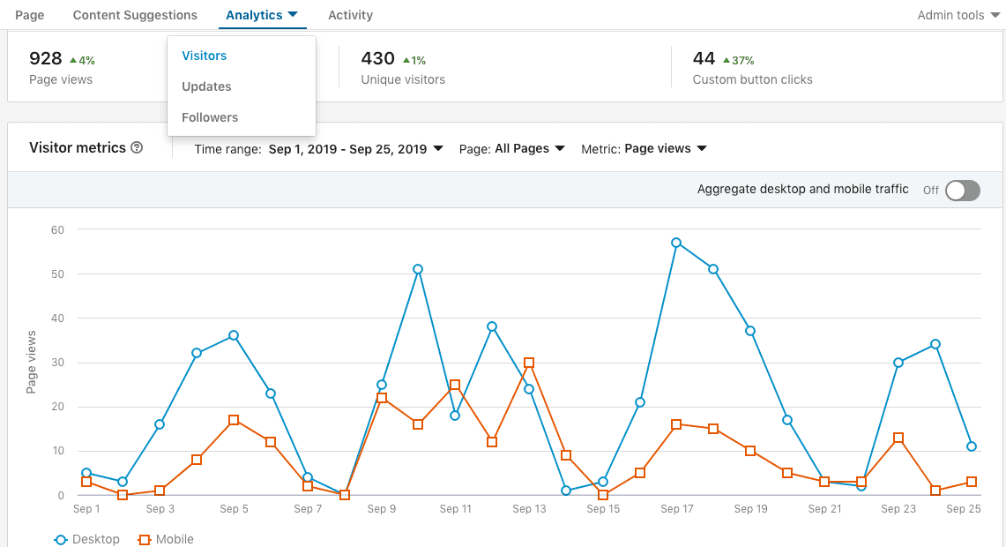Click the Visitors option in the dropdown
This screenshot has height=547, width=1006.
tap(204, 56)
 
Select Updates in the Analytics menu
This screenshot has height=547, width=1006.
tap(206, 86)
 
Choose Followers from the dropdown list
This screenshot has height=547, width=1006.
tap(210, 117)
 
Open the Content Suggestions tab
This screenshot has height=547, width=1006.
tap(135, 15)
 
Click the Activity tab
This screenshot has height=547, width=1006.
tap(350, 15)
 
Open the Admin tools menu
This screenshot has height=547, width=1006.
tap(957, 15)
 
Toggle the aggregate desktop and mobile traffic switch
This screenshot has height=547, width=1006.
tap(962, 191)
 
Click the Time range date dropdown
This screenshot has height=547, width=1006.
tap(354, 149)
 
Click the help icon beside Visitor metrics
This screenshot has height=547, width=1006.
tap(137, 148)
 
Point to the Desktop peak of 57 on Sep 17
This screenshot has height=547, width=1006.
tap(676, 243)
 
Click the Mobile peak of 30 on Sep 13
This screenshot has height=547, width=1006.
tap(529, 363)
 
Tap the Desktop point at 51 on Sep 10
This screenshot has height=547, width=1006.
tap(418, 269)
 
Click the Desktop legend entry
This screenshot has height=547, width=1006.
tap(87, 539)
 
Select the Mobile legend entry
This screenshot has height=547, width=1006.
tap(167, 539)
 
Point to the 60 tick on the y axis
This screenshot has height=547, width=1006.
tap(58, 229)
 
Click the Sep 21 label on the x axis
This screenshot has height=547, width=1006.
tap(824, 509)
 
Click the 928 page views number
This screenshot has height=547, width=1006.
tap(46, 59)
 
